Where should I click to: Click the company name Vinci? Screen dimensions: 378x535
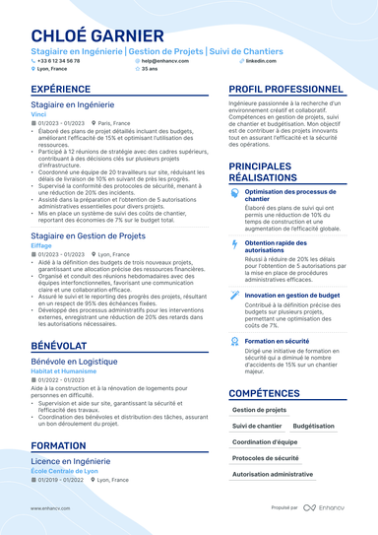pyautogui.click(x=38, y=114)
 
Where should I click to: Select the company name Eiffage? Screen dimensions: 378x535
pyautogui.click(x=41, y=245)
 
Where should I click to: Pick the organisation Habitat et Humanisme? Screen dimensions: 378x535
pyautogui.click(x=61, y=370)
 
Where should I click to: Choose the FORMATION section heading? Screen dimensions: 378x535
pyautogui.click(x=58, y=445)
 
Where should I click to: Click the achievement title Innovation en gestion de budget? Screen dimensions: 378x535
pyautogui.click(x=291, y=294)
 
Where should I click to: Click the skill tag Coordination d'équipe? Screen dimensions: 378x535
pyautogui.click(x=265, y=442)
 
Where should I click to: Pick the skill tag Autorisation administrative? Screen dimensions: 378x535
pyautogui.click(x=272, y=474)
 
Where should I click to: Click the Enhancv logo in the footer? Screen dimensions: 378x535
pyautogui.click(x=330, y=507)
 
